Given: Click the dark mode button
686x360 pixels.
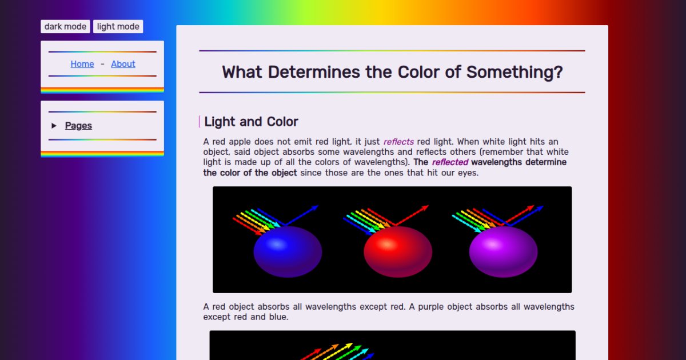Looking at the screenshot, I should point(65,26).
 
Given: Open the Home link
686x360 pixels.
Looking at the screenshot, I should point(82,64).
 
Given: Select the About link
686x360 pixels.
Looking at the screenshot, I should point(123,64).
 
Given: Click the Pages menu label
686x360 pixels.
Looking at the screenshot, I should point(78,126).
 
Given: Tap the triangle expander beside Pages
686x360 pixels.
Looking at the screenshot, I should point(54,126).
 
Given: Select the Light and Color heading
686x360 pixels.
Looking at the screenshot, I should point(251,122).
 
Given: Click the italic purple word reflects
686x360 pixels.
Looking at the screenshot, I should point(398,142).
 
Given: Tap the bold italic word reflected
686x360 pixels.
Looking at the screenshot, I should point(450,162).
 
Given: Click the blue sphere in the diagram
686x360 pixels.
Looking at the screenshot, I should point(288,251).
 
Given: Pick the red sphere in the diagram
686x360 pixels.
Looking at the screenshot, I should point(398,251).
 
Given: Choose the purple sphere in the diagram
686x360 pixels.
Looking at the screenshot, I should point(503,251).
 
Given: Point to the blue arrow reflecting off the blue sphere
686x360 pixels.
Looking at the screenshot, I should point(302,215).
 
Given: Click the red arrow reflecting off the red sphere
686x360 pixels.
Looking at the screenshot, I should point(412,215).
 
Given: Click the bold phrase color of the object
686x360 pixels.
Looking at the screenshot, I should point(250,173).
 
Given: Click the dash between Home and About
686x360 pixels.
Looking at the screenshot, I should point(102,64).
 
